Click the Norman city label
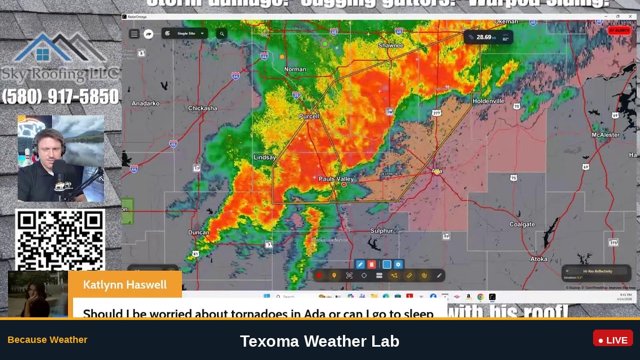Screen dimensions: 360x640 [295, 69]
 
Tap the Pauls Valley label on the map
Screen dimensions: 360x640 [336, 179]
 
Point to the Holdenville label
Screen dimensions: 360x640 [488, 101]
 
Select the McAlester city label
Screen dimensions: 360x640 [605, 135]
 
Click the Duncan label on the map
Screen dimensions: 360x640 [199, 233]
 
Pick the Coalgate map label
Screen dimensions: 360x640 [522, 225]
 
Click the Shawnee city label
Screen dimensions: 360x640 [390, 46]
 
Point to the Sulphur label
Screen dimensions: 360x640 [381, 231]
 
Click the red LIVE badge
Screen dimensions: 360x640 [613, 339]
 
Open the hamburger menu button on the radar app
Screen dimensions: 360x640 [134, 34]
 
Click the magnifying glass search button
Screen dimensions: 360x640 [221, 34]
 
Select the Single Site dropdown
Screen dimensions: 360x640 [185, 34]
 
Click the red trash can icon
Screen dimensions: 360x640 [371, 265]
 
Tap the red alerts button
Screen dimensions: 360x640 [619, 30]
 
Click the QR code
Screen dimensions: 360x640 [60, 239]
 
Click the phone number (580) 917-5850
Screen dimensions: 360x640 [60, 97]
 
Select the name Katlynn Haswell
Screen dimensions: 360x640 [125, 285]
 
